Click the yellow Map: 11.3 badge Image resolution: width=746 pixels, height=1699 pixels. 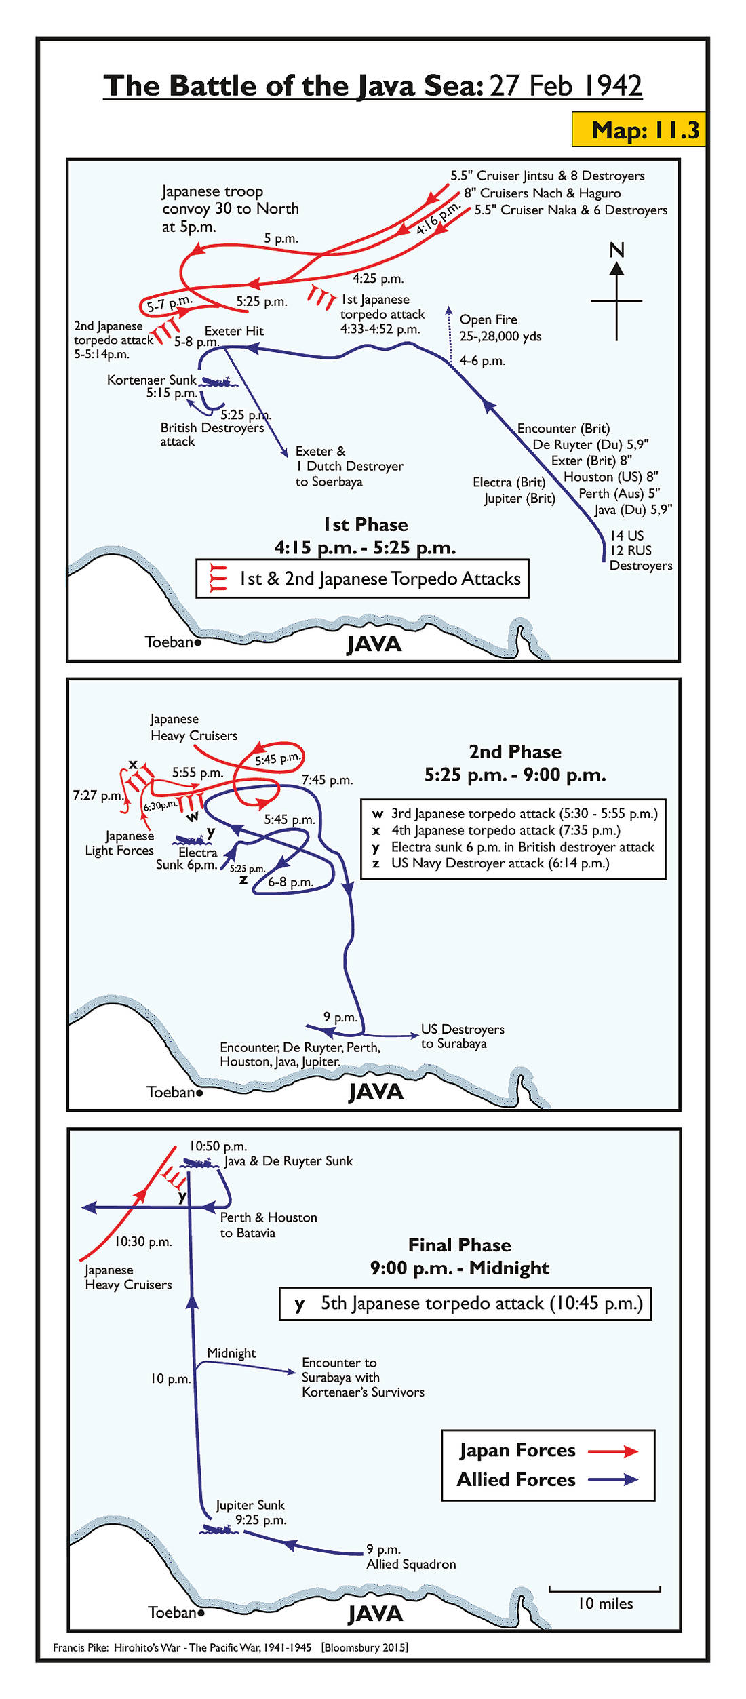(638, 129)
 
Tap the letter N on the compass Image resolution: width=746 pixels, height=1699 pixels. (616, 250)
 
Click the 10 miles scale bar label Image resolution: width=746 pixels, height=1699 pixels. (605, 1603)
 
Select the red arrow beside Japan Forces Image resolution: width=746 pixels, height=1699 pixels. (612, 1451)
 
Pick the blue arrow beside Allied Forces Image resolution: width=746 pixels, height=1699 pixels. (612, 1479)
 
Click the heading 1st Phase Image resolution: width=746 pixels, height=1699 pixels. (366, 525)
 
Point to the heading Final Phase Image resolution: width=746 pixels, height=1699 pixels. (459, 1245)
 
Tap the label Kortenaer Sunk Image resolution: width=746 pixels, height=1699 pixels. (151, 380)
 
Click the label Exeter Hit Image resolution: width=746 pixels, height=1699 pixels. (234, 331)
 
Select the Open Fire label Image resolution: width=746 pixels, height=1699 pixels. (488, 319)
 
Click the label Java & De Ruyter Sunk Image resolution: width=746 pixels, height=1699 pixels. (288, 1161)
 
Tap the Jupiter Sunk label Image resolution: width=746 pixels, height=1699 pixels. (250, 1505)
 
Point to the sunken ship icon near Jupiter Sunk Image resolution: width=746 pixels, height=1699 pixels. (218, 1529)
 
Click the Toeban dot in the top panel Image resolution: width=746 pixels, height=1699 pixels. (198, 642)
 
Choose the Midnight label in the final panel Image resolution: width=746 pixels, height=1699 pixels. (231, 1353)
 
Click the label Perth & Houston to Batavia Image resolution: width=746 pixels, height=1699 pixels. (269, 1225)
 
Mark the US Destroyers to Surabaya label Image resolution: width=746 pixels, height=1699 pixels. (463, 1036)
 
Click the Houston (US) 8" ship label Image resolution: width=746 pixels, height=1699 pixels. (610, 477)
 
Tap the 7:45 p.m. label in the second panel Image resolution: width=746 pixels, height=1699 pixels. (327, 781)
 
